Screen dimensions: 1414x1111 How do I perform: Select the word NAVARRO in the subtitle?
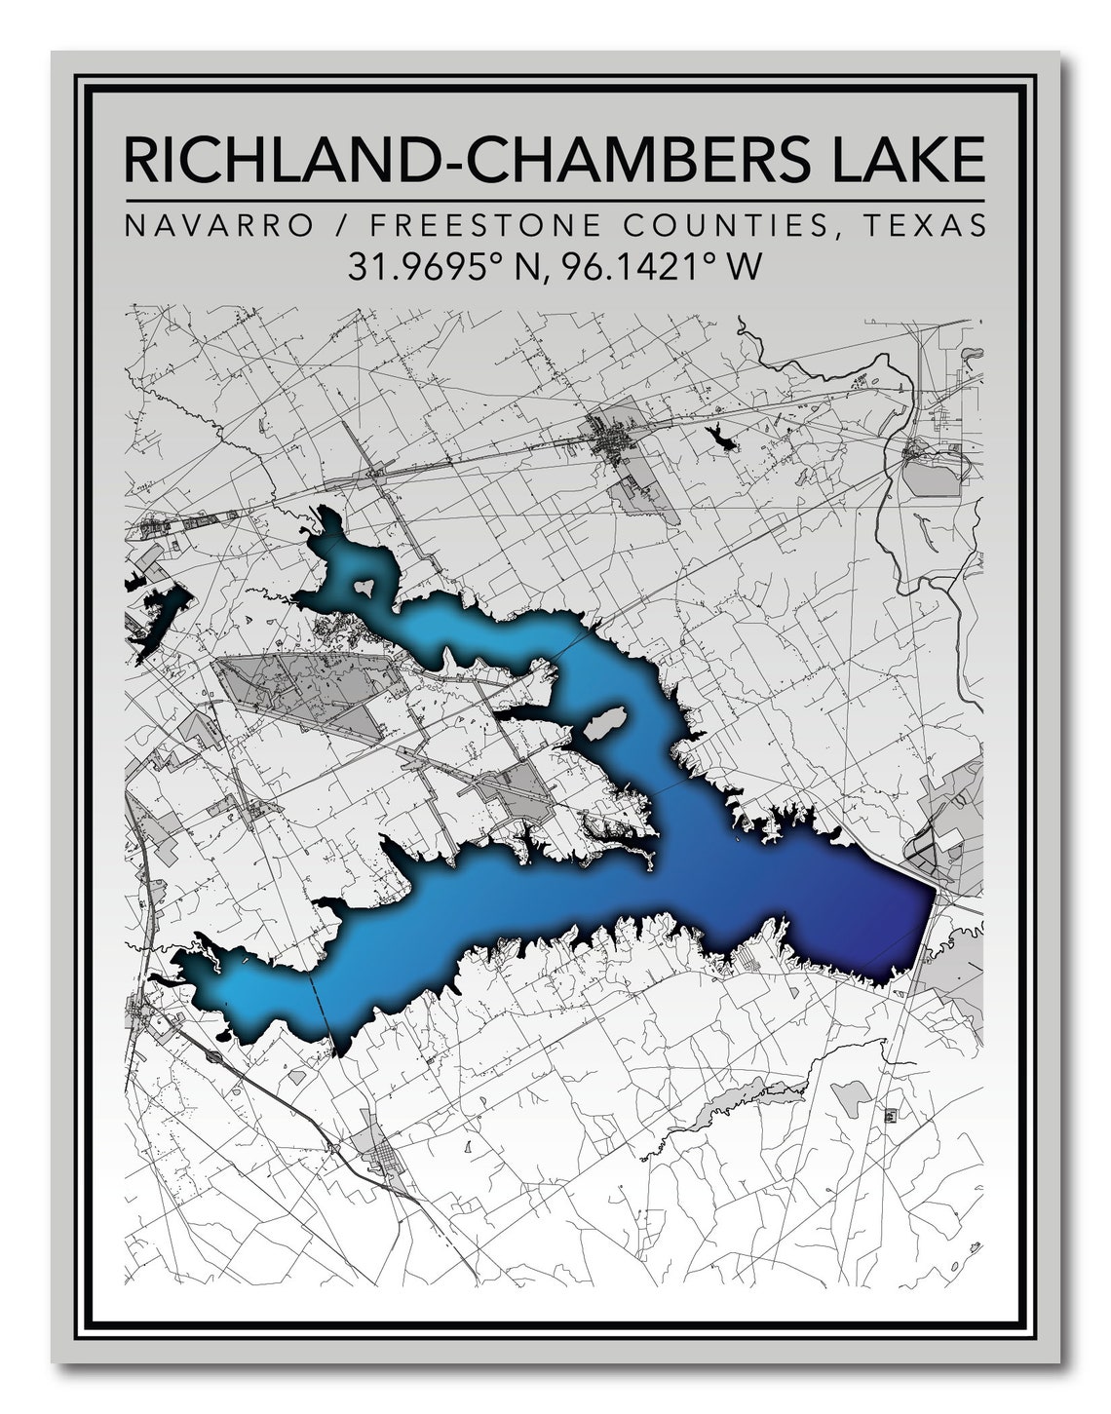coord(218,226)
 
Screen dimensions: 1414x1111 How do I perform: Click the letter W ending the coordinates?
coord(743,266)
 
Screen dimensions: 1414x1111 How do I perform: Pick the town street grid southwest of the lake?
coord(384,1161)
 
